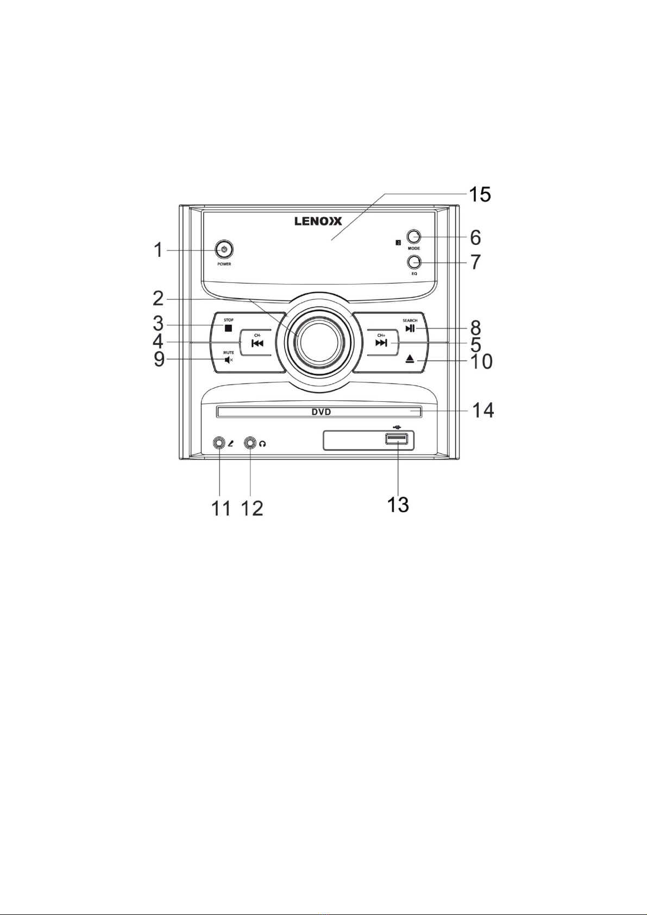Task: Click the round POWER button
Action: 224,250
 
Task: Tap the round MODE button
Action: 414,237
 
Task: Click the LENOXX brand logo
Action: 318,222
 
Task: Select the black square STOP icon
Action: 229,327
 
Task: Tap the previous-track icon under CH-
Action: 257,343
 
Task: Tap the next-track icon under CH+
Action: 381,343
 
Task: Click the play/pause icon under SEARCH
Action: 410,328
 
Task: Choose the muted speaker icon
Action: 229,360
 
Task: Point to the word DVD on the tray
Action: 321,412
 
